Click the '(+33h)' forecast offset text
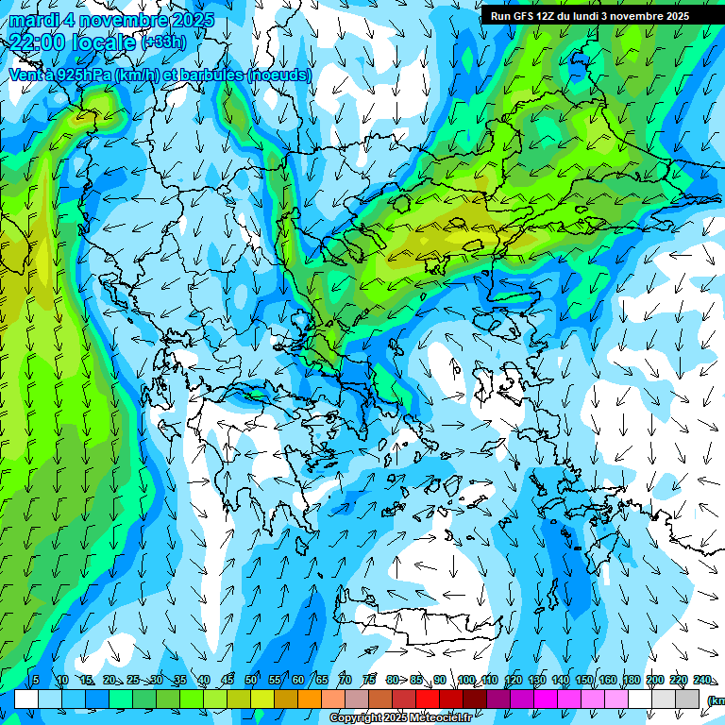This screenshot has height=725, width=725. (163, 42)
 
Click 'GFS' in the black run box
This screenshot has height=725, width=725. (523, 16)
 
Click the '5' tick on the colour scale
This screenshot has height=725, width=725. (36, 680)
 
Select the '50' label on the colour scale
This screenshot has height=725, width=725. (250, 680)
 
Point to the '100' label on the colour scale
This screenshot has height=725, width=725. (466, 680)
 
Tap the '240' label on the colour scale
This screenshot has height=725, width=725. (702, 680)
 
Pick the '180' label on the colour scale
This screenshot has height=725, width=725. (632, 680)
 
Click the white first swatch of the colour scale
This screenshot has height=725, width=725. (26, 699)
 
